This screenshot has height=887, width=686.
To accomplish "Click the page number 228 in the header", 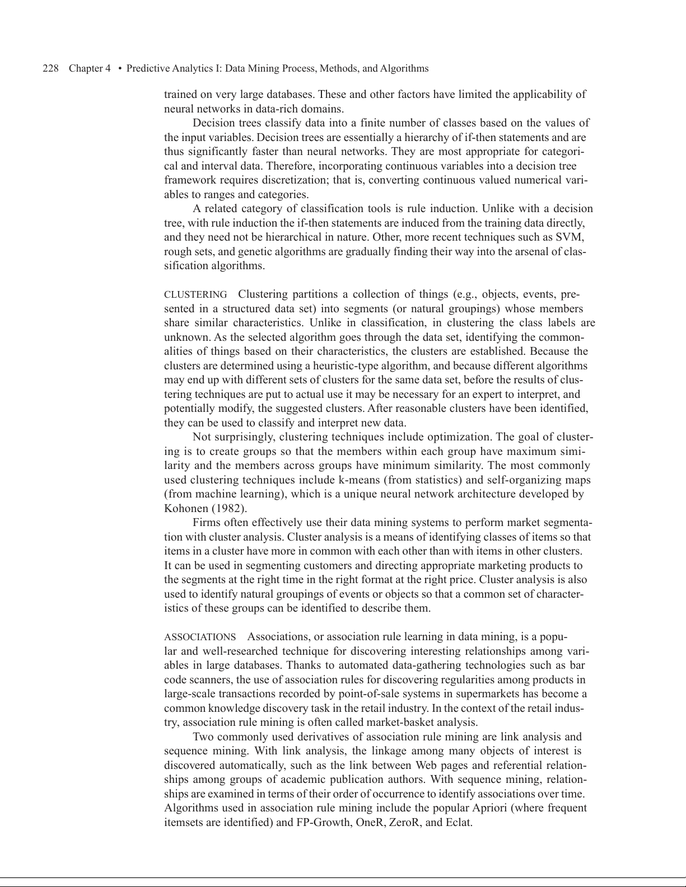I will tap(51, 69).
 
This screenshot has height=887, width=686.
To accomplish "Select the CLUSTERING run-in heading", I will tap(195, 294).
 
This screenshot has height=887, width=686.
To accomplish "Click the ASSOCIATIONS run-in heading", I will tap(200, 637).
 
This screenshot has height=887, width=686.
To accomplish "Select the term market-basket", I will tap(407, 722).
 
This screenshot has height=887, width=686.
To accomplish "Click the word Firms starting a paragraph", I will tap(207, 523).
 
